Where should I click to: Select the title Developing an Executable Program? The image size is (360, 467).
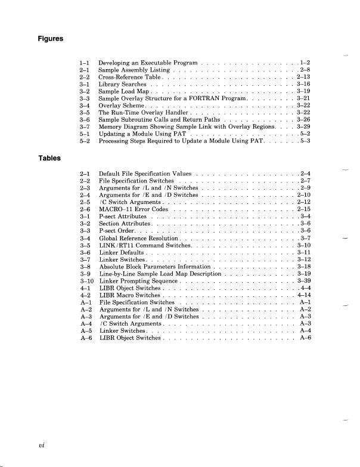[148, 63]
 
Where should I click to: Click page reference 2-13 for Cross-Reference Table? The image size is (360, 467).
[304, 78]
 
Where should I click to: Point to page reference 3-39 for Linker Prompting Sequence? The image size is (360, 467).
[304, 280]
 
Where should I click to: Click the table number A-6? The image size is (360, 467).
[85, 338]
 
